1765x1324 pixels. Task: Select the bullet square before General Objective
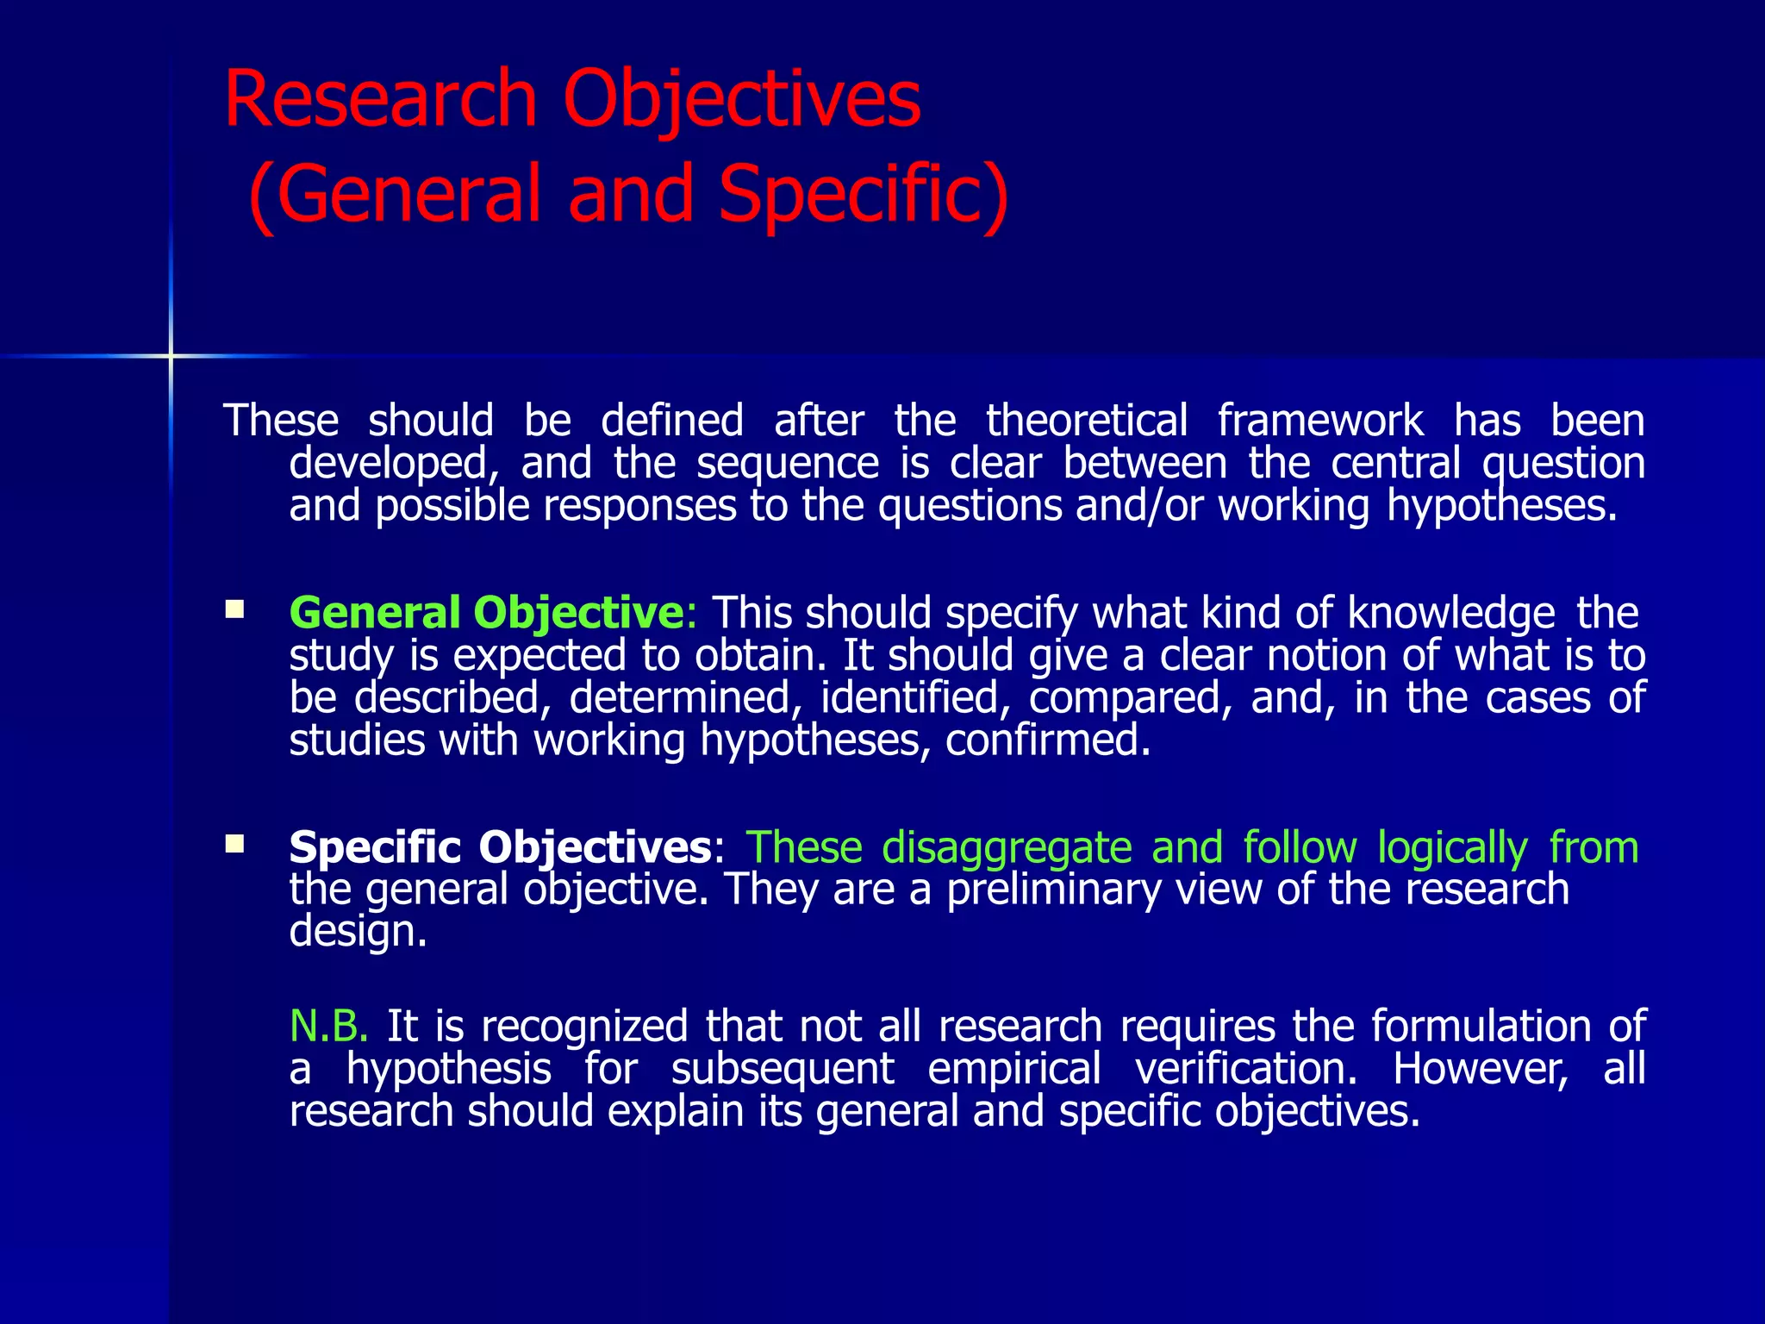click(x=234, y=611)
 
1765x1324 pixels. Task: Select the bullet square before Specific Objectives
click(x=234, y=844)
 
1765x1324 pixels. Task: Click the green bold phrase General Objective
click(x=487, y=613)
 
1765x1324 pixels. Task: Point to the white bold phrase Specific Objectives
click(x=501, y=846)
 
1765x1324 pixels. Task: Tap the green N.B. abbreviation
click(x=329, y=1026)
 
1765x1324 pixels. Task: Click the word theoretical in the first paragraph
click(x=1087, y=421)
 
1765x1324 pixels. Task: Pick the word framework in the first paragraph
click(x=1319, y=421)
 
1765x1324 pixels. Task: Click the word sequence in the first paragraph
click(x=787, y=464)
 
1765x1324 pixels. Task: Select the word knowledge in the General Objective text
click(x=1450, y=613)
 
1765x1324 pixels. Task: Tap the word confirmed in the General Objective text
click(x=1048, y=740)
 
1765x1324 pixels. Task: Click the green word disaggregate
click(x=1007, y=846)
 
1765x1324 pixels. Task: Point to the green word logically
click(x=1452, y=848)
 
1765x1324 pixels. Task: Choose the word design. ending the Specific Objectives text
click(x=358, y=932)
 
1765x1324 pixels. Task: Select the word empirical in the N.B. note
click(x=1014, y=1069)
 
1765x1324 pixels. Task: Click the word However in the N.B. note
click(x=1481, y=1069)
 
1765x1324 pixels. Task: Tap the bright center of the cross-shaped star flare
click(x=171, y=355)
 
